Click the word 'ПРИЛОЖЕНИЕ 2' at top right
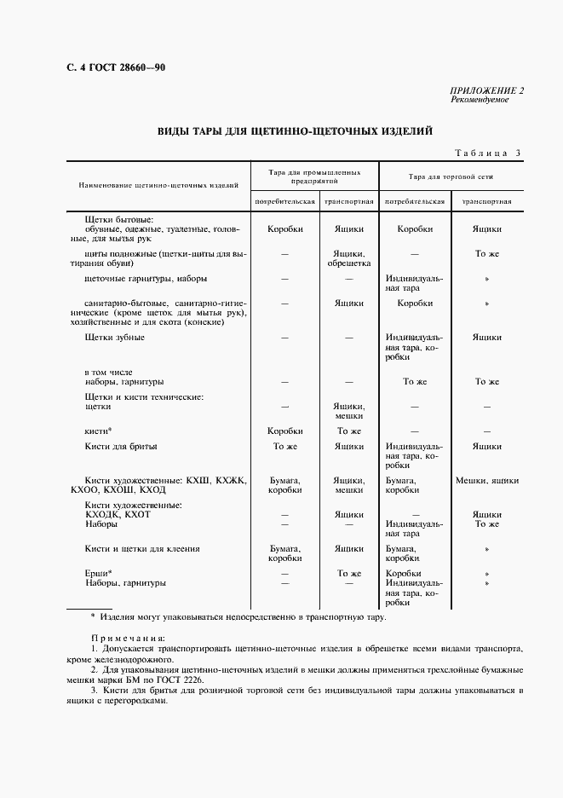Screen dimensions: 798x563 click(x=486, y=90)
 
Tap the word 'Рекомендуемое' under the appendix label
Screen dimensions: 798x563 click(x=480, y=100)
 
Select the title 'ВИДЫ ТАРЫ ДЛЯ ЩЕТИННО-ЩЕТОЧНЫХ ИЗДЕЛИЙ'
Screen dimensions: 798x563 click(x=295, y=131)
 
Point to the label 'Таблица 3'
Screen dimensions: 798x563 click(x=487, y=153)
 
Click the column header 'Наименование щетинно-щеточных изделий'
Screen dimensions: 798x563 click(x=158, y=184)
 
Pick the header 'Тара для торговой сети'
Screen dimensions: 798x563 click(x=451, y=176)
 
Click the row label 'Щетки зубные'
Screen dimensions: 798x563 click(x=115, y=338)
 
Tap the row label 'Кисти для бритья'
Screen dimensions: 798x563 click(x=121, y=446)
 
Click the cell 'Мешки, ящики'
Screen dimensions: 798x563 click(x=487, y=481)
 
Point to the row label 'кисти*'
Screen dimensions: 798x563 click(x=99, y=431)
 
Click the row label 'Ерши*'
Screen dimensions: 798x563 click(x=99, y=573)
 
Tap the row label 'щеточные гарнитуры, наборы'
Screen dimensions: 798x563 click(x=146, y=278)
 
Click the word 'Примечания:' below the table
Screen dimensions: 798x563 click(x=128, y=637)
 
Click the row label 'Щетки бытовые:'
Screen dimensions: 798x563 click(x=118, y=220)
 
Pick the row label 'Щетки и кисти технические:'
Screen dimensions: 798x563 click(x=144, y=397)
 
